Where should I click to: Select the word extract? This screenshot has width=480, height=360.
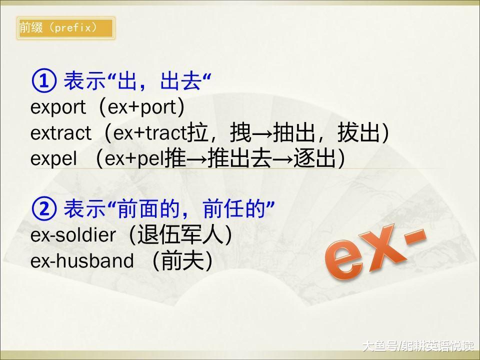(x=60, y=133)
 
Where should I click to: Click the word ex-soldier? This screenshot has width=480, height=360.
(x=73, y=235)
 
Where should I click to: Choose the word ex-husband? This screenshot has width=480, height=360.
(x=82, y=261)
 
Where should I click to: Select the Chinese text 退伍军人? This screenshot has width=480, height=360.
(x=180, y=235)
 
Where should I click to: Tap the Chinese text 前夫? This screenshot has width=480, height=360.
(x=182, y=261)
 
